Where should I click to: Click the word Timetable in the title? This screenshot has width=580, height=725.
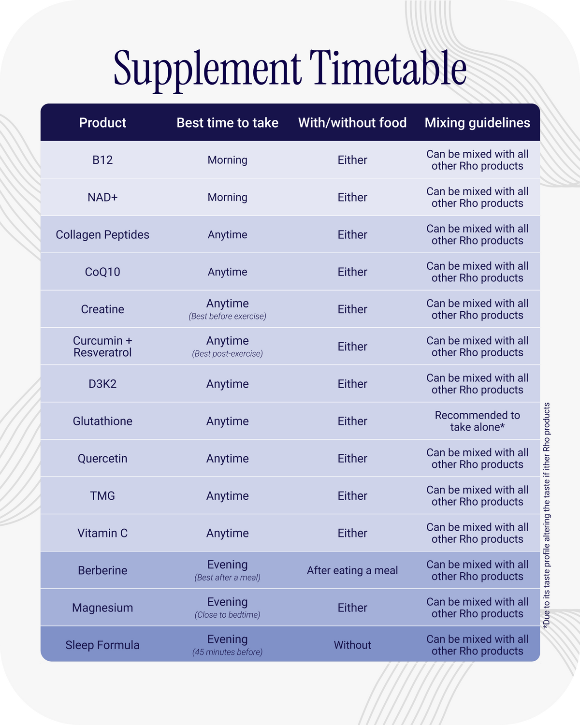coord(388,68)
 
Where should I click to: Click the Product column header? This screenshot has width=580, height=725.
coord(102,123)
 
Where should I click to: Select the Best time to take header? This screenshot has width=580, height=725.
coord(227,123)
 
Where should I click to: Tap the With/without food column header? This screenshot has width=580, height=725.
coord(352,123)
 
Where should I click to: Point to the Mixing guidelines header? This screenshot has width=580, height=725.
coord(477,123)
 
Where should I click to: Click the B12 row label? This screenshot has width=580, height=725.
coord(102,160)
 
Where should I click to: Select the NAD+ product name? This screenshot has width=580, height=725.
coord(102,197)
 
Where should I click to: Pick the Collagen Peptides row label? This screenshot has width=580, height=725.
coord(102,234)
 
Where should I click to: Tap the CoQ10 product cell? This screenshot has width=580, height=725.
coord(102,272)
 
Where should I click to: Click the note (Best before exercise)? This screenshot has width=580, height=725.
coord(227,317)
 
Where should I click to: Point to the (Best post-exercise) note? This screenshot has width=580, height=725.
coord(227,354)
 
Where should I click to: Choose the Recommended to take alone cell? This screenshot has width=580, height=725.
coord(477,421)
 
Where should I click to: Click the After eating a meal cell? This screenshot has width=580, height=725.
coord(352,570)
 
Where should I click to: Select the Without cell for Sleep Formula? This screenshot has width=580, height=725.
coord(352,645)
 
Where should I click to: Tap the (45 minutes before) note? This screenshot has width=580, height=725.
coord(227,652)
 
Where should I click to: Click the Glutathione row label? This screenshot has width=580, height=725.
coord(102,421)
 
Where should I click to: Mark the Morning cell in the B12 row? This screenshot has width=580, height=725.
coord(227,160)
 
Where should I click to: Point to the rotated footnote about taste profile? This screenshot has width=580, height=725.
coord(547,515)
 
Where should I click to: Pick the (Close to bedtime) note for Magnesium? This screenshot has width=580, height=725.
coord(227,615)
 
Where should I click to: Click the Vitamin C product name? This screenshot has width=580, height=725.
coord(102,533)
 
